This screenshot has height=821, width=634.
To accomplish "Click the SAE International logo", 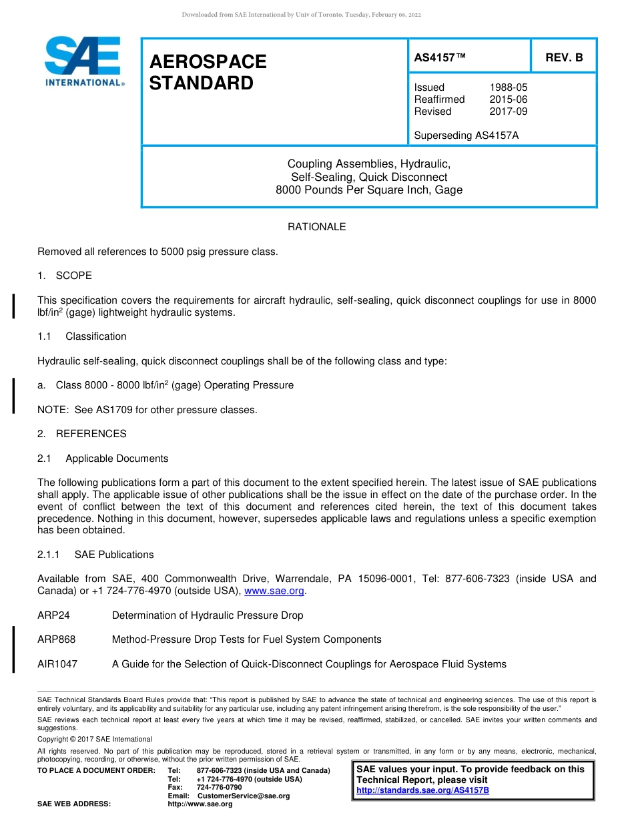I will [x=83, y=61].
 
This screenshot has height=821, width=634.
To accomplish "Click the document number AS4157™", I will [x=440, y=57].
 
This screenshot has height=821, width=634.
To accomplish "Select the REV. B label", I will [x=564, y=57].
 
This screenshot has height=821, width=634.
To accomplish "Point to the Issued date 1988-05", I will [x=508, y=87].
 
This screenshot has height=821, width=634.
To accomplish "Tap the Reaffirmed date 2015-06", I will [x=508, y=99].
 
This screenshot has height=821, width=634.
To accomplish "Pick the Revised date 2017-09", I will [x=508, y=111].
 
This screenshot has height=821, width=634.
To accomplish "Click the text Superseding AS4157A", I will [x=466, y=135].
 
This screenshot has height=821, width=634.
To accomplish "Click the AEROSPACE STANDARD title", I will [x=208, y=72].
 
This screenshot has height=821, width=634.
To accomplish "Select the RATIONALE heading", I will [x=316, y=227].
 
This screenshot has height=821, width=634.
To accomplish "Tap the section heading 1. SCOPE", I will [x=65, y=276].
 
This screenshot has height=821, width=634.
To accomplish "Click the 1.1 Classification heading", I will [x=82, y=336].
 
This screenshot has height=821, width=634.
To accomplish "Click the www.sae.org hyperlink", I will [x=274, y=591].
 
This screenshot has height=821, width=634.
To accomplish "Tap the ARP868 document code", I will [x=56, y=639].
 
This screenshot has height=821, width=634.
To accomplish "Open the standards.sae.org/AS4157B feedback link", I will [x=422, y=790].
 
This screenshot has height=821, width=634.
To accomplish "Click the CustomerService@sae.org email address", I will [x=244, y=796].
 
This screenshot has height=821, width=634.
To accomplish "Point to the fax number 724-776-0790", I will [x=220, y=788].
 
